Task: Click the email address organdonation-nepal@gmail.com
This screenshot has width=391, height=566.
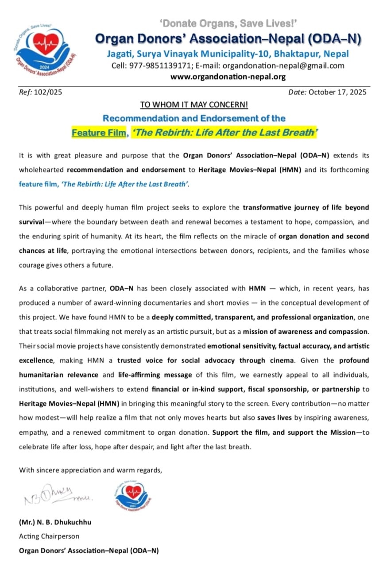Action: pyautogui.click(x=283, y=66)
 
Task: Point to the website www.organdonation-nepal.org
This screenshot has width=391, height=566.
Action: pyautogui.click(x=228, y=76)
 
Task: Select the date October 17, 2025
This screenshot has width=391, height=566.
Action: pyautogui.click(x=337, y=92)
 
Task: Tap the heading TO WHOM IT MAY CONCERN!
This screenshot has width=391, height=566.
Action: pyautogui.click(x=194, y=105)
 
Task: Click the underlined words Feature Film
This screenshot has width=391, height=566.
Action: pyautogui.click(x=99, y=133)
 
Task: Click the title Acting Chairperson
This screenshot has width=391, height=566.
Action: pyautogui.click(x=49, y=536)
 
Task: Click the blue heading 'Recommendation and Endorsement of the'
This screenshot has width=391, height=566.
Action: pyautogui.click(x=194, y=119)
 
